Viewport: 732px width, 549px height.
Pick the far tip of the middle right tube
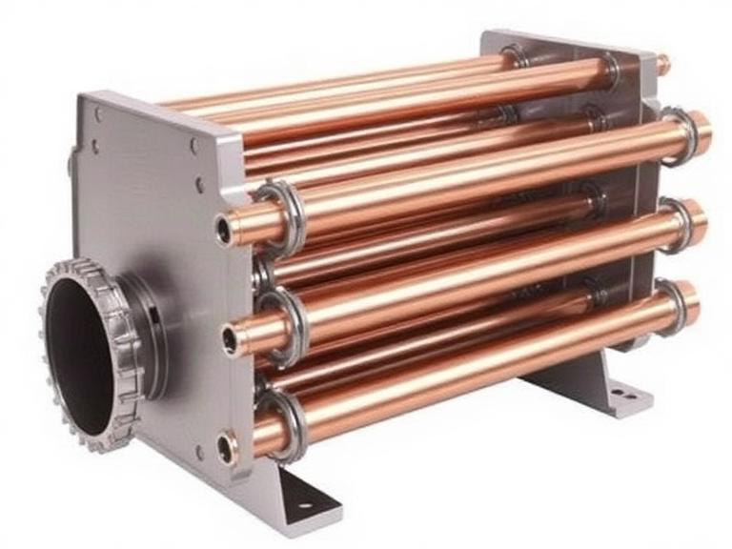pyautogui.click(x=699, y=221)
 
